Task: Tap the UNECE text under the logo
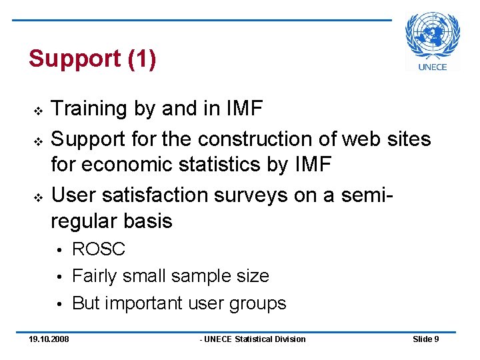(433, 66)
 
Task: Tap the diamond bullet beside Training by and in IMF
(37, 109)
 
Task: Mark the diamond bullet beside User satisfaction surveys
(37, 196)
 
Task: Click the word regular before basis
(88, 221)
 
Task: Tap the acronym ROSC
(99, 249)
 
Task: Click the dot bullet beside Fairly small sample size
(59, 277)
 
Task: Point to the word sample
(200, 276)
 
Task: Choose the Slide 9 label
(425, 339)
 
